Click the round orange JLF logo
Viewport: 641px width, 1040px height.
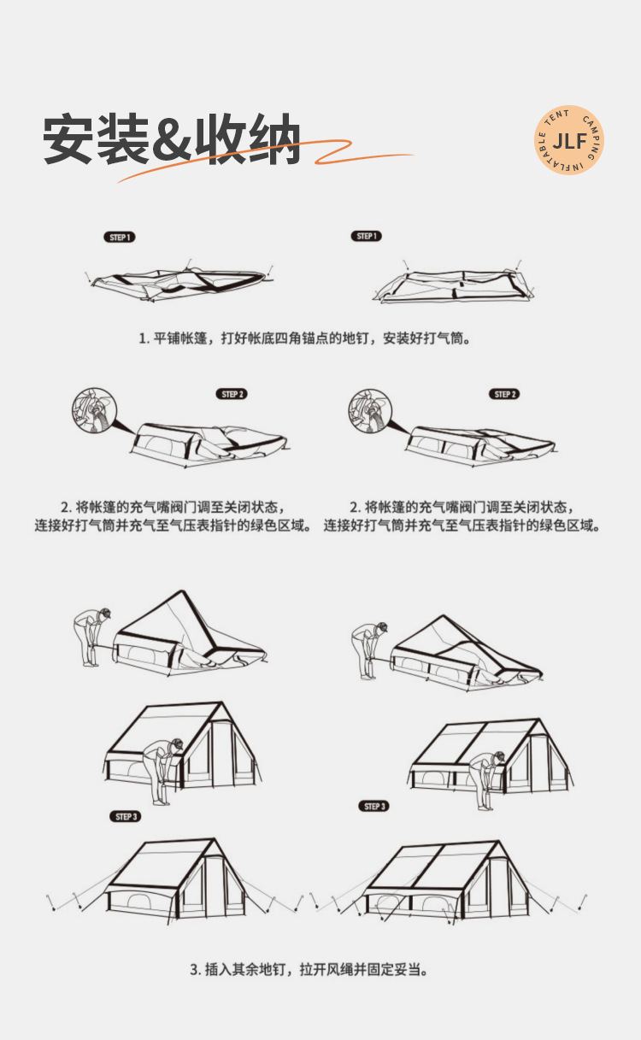(x=569, y=140)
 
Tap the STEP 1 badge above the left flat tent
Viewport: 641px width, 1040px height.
(x=120, y=237)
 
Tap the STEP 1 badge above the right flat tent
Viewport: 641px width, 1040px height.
(x=367, y=236)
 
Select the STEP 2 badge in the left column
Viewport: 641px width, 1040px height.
(x=232, y=394)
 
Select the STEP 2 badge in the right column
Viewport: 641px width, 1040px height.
(x=505, y=394)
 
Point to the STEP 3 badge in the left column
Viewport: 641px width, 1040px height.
(x=126, y=817)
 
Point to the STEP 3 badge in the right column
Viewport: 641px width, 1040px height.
(x=374, y=806)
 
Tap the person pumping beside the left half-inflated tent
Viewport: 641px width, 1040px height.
(x=91, y=637)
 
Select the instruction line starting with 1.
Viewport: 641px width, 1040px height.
(x=305, y=338)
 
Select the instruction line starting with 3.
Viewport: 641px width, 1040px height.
(x=309, y=969)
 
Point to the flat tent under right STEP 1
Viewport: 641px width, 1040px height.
(x=453, y=285)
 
